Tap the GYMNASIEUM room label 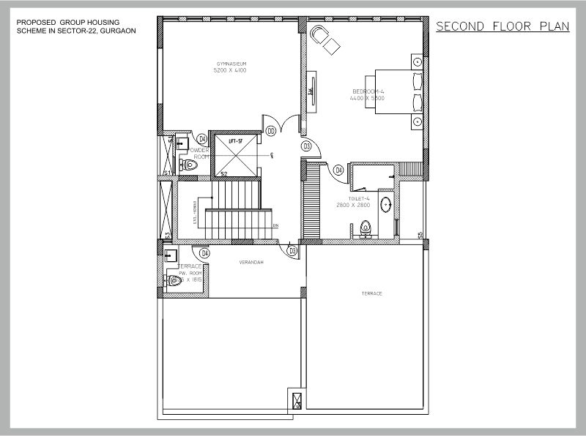coord(230,65)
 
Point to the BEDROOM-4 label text coord(368,91)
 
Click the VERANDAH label coord(251,261)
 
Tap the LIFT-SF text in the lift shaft coord(235,140)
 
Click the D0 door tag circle coord(270,131)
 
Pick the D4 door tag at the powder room coord(201,138)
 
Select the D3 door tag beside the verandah coord(292,251)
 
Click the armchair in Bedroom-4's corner coord(324,39)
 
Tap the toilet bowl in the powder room coord(191,165)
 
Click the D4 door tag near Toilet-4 coord(338,170)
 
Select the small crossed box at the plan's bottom coord(297,401)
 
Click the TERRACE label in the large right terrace coord(372,293)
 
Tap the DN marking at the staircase coord(275,225)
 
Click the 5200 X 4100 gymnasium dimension coord(230,72)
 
